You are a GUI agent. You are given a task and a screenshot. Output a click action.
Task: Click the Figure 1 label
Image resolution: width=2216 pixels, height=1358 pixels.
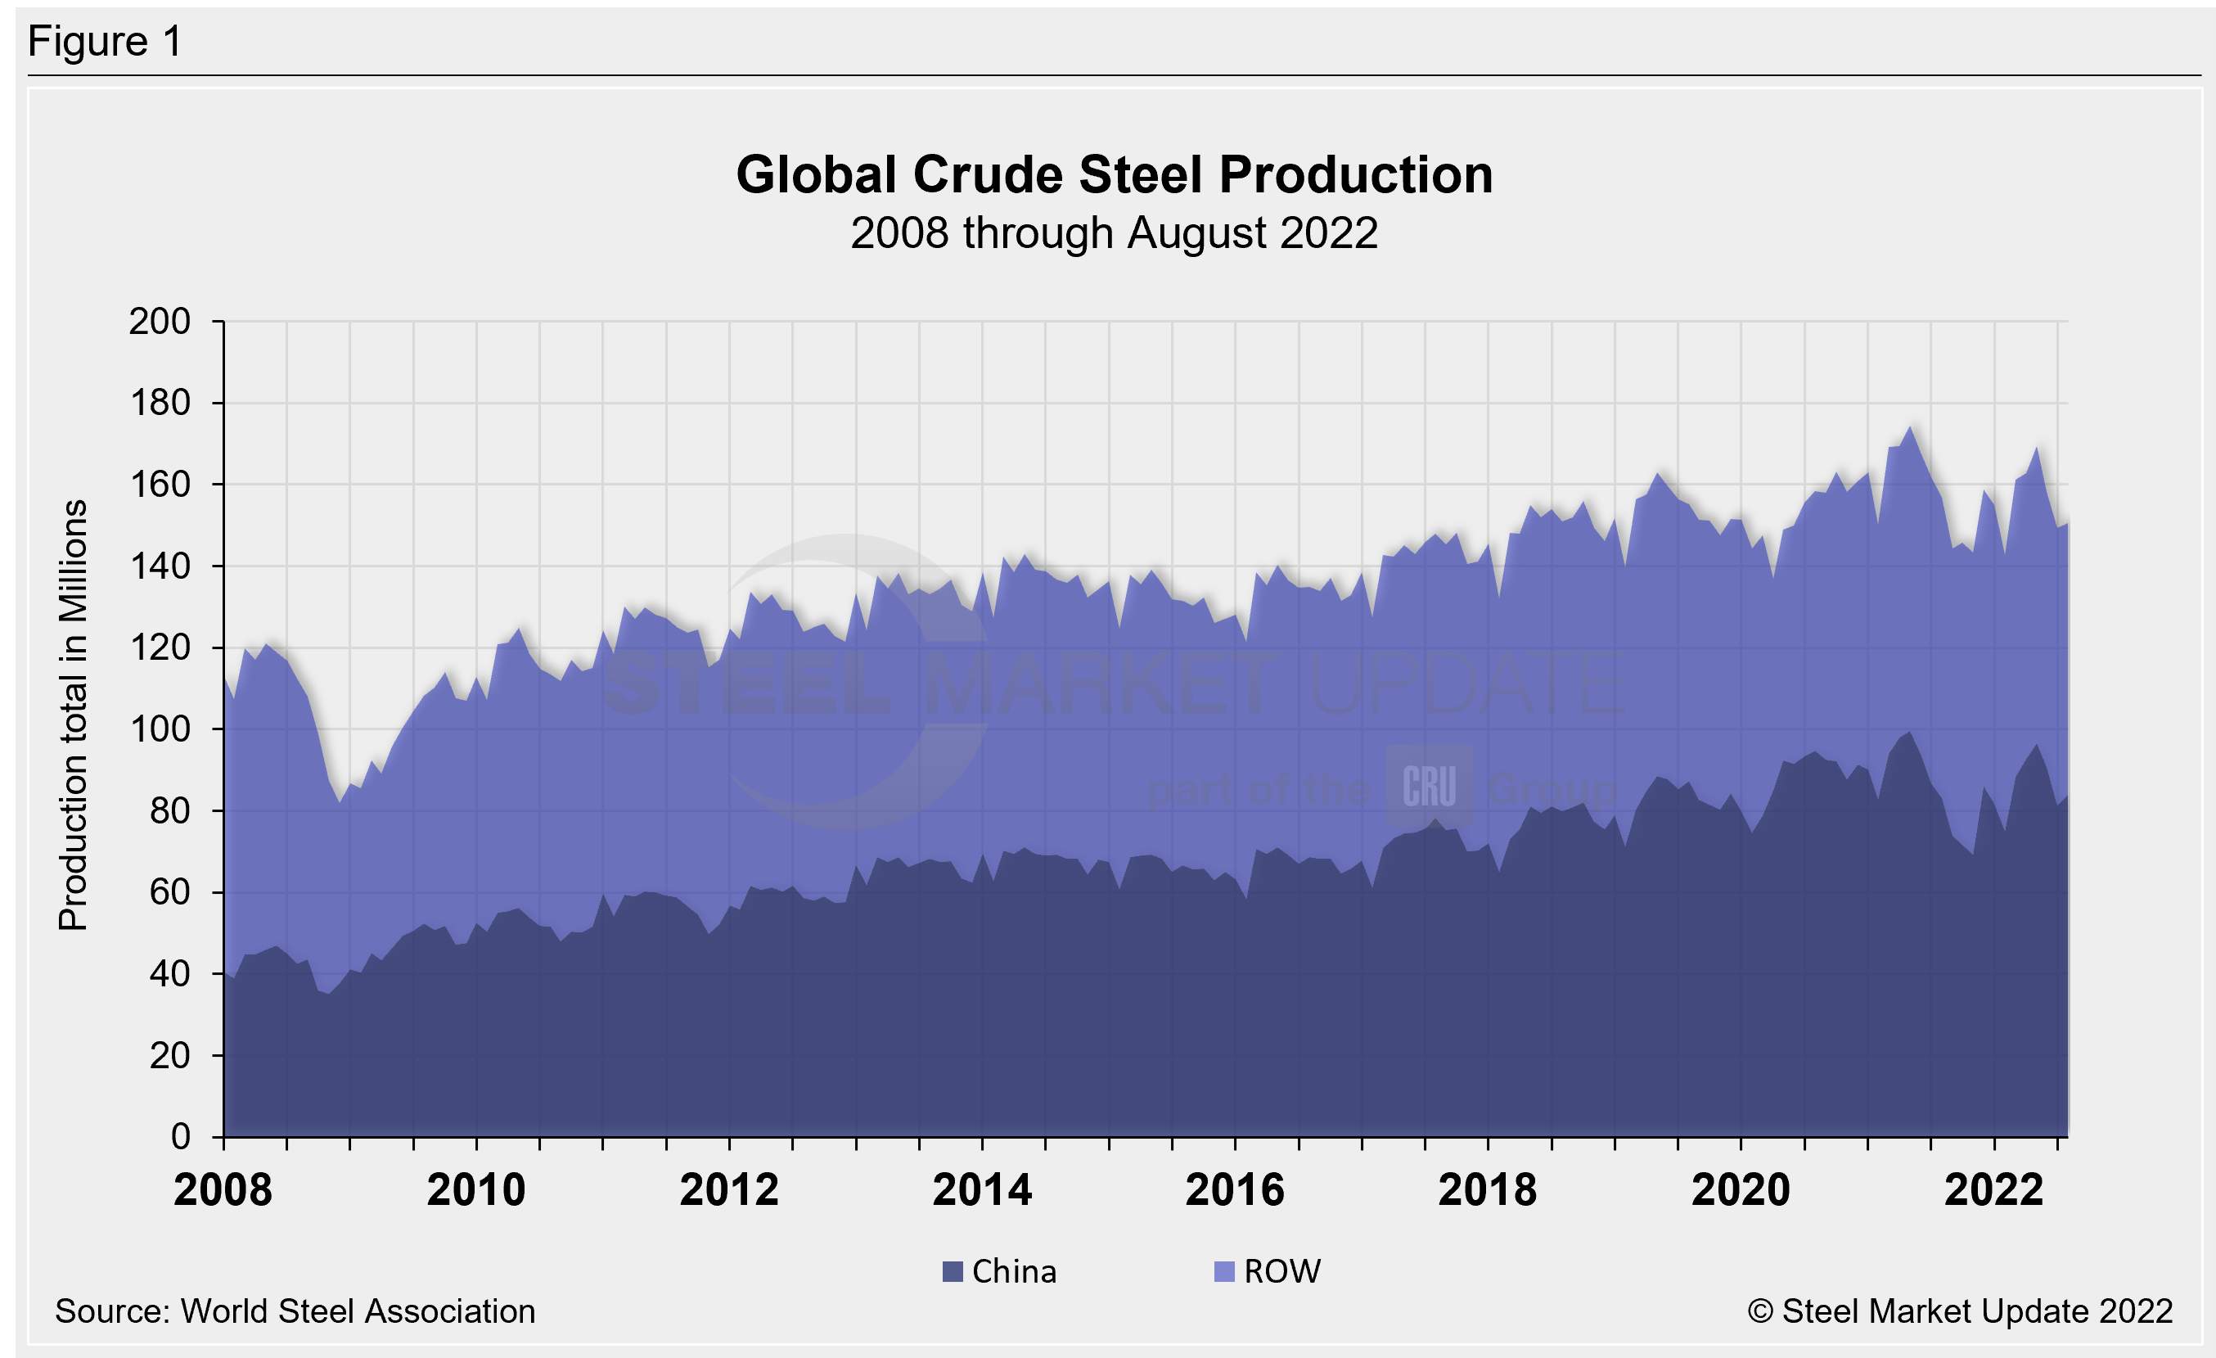coord(106,42)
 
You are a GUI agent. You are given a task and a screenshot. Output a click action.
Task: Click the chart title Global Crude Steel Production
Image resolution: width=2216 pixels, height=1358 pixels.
coord(1115,174)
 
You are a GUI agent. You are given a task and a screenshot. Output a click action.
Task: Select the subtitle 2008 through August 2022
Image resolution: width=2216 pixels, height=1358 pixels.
coord(1114,234)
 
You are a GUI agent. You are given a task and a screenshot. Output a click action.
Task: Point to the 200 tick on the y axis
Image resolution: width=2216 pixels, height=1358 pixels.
coord(160,321)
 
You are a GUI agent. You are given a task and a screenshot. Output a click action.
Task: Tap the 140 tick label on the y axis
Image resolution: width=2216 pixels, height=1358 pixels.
coord(160,566)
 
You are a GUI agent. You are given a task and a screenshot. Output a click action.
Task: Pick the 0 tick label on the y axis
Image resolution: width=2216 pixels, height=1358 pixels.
coord(181,1137)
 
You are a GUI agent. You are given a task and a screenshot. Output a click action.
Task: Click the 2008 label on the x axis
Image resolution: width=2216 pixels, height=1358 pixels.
coord(223,1191)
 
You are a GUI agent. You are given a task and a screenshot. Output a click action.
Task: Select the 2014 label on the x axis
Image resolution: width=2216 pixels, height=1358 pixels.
coord(982,1191)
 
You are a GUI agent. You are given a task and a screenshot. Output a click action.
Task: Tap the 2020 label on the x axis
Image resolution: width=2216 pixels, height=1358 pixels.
coord(1741,1191)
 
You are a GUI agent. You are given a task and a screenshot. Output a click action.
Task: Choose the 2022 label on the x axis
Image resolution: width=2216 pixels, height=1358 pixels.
coord(1994,1191)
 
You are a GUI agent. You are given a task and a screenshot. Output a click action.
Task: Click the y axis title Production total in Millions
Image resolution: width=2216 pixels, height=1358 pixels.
coord(73,715)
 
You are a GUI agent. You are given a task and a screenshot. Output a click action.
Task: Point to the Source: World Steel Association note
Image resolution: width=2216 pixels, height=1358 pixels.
coord(295,1311)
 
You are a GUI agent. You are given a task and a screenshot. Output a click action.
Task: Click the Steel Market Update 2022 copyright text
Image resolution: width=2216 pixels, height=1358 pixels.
coord(1960,1311)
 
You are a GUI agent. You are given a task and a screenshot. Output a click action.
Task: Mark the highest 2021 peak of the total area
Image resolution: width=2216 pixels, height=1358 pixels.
coord(1909,427)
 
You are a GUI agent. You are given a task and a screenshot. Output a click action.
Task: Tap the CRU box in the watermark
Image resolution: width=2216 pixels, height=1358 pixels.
coord(1429,786)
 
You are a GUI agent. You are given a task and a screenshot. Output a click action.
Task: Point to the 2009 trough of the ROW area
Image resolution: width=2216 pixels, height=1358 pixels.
coord(340,802)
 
